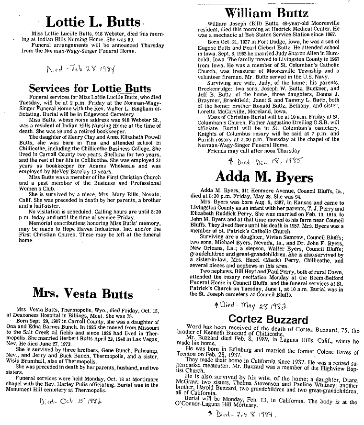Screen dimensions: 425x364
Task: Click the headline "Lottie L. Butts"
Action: (x=93, y=22)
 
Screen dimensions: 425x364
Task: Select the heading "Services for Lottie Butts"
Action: (x=90, y=89)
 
